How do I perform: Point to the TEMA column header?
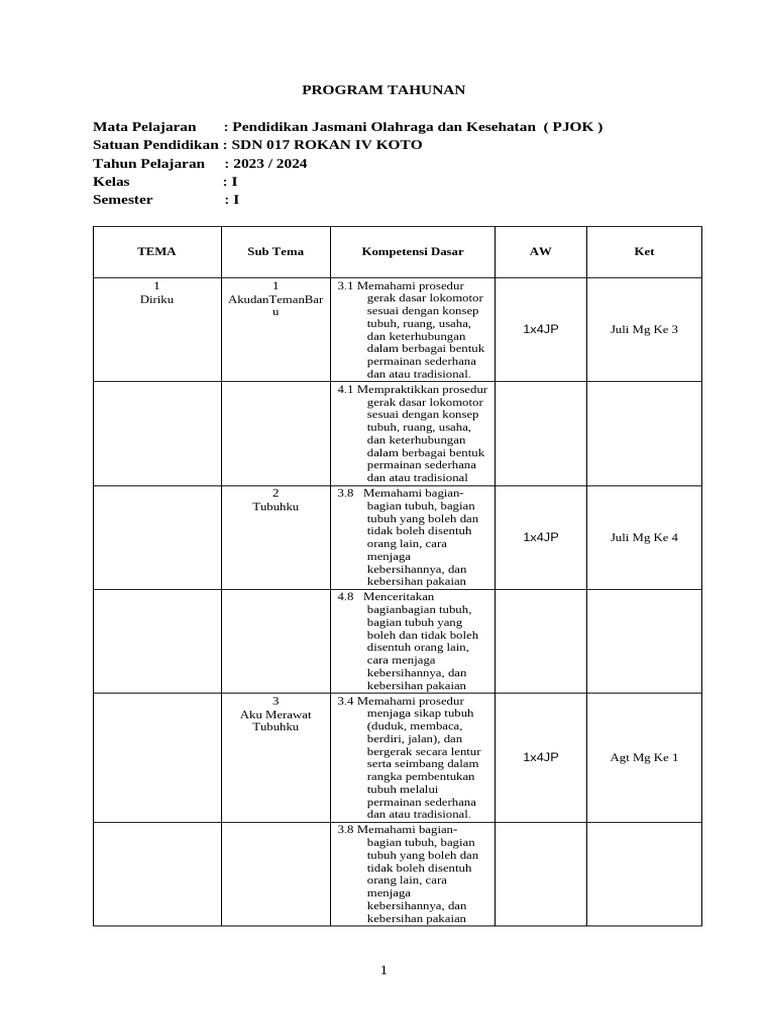(156, 252)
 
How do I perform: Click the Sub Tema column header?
(275, 252)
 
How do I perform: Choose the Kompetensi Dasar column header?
(413, 252)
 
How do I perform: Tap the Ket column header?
(644, 252)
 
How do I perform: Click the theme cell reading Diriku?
(156, 299)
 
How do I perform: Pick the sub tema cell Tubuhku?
(275, 506)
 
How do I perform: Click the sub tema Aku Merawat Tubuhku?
(275, 719)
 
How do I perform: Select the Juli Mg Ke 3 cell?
(644, 329)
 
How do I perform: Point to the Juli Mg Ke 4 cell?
(644, 537)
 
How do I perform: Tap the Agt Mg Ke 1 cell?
(644, 757)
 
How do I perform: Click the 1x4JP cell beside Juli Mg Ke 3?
(540, 329)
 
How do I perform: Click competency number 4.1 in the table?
(346, 388)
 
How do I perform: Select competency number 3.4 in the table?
(346, 700)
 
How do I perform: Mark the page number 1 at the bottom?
(384, 970)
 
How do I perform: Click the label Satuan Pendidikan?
(155, 145)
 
